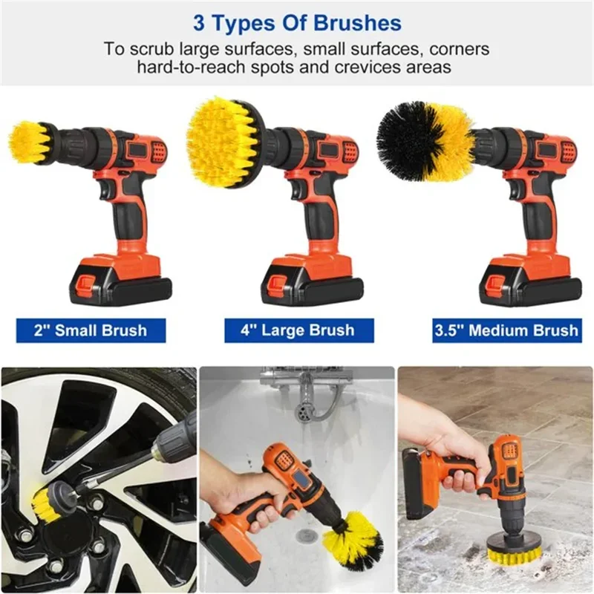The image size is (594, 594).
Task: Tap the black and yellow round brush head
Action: point(423,141)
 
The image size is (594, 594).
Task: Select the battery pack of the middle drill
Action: point(311,282)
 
